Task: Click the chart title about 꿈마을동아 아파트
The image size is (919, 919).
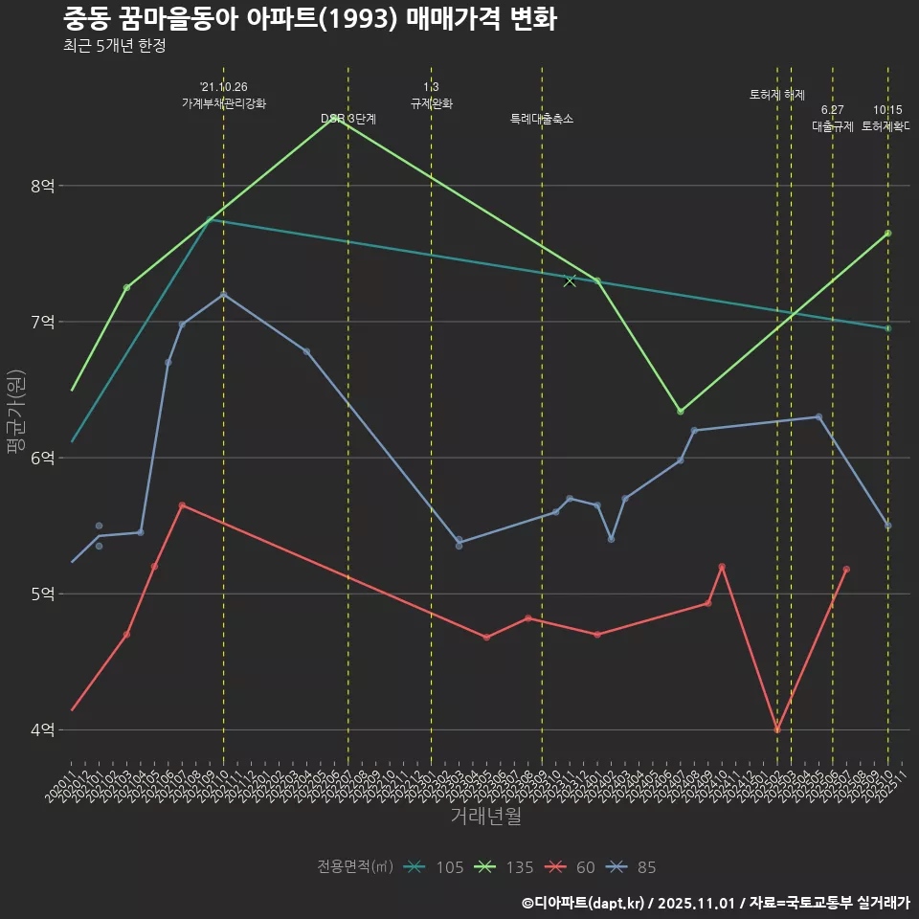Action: (x=309, y=19)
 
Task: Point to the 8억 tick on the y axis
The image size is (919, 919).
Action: (x=42, y=186)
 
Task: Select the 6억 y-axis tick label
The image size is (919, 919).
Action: (x=42, y=458)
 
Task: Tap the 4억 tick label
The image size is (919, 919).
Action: (x=42, y=729)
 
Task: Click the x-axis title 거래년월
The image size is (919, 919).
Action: (x=485, y=817)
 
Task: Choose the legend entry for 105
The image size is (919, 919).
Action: (x=436, y=867)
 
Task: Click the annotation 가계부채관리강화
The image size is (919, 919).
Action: (x=224, y=102)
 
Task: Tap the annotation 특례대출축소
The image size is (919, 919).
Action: (x=542, y=120)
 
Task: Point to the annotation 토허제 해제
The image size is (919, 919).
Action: (x=777, y=95)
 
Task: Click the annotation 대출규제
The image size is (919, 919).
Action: (x=833, y=126)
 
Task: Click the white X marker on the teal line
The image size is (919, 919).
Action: (x=570, y=280)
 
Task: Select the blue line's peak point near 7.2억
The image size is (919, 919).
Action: (x=224, y=294)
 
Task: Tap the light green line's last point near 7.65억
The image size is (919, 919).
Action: (x=888, y=234)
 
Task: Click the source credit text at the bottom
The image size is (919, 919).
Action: (x=715, y=903)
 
